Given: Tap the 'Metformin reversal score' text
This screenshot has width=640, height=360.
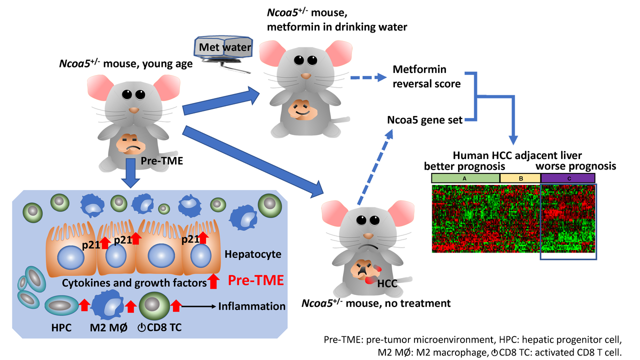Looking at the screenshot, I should [426, 76].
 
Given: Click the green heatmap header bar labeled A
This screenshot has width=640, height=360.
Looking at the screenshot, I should [465, 177].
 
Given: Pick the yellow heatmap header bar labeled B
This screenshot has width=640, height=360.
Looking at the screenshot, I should [520, 177].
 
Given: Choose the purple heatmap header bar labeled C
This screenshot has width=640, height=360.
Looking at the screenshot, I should [567, 177].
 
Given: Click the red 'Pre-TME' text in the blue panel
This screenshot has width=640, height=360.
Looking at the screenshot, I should [255, 280].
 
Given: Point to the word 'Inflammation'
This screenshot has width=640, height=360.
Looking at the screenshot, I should [252, 306].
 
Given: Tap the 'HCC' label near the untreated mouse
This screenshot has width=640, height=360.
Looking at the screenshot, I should [387, 283].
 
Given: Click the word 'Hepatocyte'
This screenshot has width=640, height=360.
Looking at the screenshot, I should [253, 254].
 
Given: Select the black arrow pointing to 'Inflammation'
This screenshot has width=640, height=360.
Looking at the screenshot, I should [197, 306].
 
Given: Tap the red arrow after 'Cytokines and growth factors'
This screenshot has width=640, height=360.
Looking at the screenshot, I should [213, 281].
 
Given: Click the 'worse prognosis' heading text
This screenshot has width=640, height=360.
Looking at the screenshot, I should [575, 165].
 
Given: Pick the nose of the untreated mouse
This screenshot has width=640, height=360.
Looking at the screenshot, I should [368, 235].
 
